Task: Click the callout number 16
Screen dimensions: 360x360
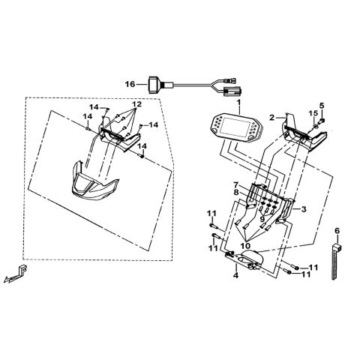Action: pos(130,84)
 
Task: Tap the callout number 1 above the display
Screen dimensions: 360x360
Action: pos(238,103)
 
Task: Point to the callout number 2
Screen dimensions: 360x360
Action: pos(272,117)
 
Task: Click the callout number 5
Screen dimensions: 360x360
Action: pos(322,105)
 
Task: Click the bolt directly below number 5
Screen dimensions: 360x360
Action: pos(321,121)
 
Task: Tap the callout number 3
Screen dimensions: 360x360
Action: pos(304,209)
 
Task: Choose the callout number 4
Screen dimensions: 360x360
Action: pos(235,275)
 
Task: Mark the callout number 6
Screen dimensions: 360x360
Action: pos(337,230)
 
